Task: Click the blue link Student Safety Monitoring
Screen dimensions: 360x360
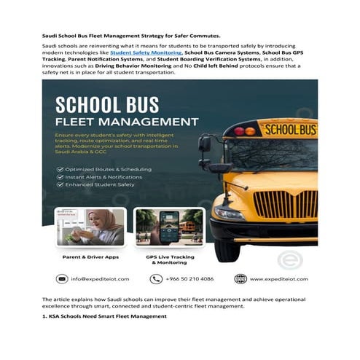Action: point(145,54)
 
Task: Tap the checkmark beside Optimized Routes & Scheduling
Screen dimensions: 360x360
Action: point(59,168)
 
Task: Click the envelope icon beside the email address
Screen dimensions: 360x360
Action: point(63,278)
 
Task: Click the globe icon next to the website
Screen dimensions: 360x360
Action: point(240,278)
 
